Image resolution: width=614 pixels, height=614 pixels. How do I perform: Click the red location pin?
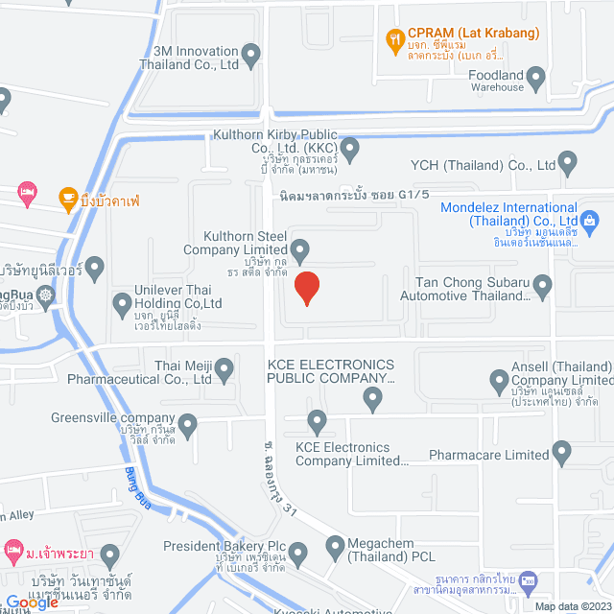(x=306, y=288)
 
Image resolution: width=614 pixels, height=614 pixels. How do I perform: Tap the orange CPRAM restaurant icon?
(x=392, y=39)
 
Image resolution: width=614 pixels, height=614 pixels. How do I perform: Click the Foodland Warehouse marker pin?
(x=537, y=78)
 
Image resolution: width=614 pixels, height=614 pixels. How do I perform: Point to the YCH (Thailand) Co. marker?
(x=569, y=163)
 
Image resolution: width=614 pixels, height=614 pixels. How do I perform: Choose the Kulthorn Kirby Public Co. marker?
(x=350, y=149)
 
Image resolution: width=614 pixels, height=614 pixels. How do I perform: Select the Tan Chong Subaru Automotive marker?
(x=543, y=285)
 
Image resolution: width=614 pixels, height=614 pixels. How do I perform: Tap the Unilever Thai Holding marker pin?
(x=122, y=305)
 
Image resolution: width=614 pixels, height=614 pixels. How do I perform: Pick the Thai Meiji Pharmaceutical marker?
(x=224, y=367)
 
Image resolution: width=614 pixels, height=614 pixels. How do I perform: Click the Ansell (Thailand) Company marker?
(x=499, y=382)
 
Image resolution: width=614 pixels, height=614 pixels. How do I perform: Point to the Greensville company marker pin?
(x=187, y=422)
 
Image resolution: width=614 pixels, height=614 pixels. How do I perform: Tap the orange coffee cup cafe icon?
(x=68, y=199)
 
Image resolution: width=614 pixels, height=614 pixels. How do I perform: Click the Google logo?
(x=32, y=602)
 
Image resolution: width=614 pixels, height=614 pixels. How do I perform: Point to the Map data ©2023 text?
(x=572, y=606)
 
